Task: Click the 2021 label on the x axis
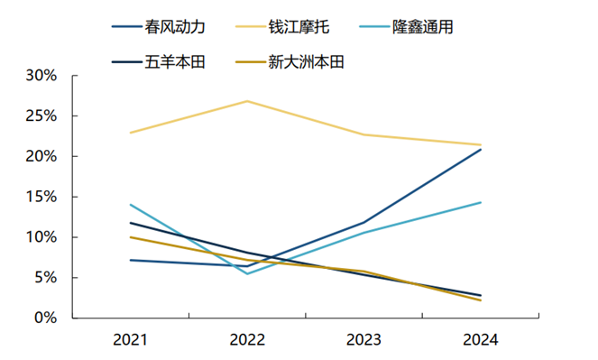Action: coord(131,341)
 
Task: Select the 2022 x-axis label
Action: coord(247,341)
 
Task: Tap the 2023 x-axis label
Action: coord(363,341)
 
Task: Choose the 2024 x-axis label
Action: coord(480,341)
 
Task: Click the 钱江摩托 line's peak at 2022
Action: coord(247,101)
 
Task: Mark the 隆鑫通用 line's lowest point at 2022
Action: coord(247,273)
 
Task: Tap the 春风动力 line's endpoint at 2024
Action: coord(481,149)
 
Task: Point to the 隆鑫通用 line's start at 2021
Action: coord(131,204)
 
